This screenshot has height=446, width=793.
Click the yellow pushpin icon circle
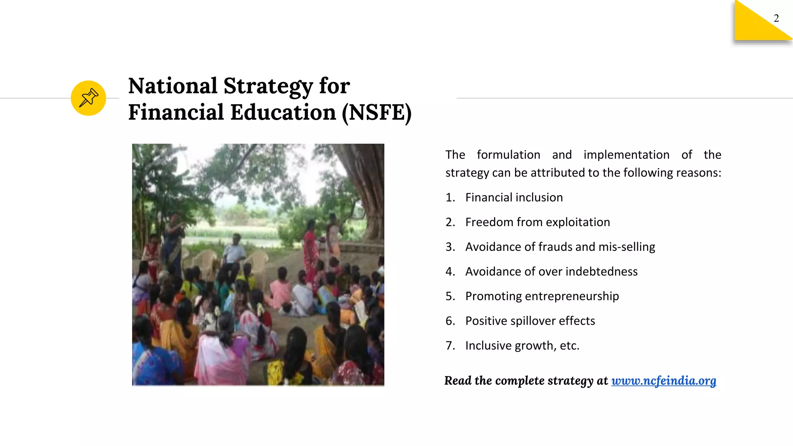point(88,98)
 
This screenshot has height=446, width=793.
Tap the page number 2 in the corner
point(776,18)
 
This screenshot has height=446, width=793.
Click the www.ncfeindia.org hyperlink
point(664,381)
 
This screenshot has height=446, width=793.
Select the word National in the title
point(173,86)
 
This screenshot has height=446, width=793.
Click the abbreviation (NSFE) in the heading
point(376,113)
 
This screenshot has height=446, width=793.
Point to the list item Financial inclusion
point(514,197)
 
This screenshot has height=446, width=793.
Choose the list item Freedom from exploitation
point(537,222)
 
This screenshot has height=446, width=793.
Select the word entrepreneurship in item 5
point(572,296)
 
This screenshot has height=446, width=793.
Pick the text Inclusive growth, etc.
point(522,345)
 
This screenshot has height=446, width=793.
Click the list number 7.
point(450,345)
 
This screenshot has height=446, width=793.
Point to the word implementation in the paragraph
point(626,155)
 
